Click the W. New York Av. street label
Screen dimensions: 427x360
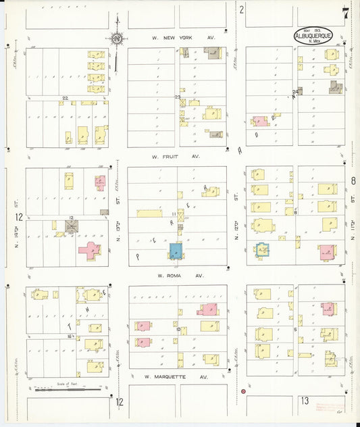tap(182, 38)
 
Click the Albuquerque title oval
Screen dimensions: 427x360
tap(313, 36)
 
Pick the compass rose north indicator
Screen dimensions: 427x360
tap(117, 39)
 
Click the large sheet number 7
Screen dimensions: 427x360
tap(345, 13)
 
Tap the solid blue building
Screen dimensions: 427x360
tap(176, 251)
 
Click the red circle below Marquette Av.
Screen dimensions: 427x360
tap(243, 391)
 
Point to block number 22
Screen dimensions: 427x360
tap(65, 99)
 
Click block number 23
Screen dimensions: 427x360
tap(178, 97)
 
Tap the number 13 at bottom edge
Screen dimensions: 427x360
tap(305, 401)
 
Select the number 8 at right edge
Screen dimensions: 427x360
tap(353, 181)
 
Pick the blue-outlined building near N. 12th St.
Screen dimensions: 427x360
tap(262, 250)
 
